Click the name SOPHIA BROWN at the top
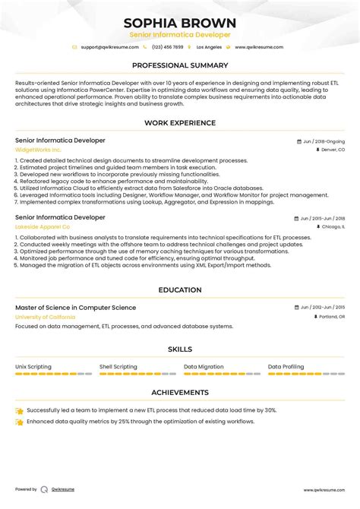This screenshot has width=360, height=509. [180, 23]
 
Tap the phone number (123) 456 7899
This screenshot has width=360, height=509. [167, 47]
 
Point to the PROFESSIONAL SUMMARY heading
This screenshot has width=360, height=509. [180, 65]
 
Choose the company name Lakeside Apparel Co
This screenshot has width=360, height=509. [43, 226]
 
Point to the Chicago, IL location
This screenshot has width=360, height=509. [332, 226]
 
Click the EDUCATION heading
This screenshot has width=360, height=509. [180, 290]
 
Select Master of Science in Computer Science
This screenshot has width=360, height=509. [76, 308]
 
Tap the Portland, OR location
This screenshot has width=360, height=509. [331, 316]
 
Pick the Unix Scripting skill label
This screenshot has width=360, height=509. [33, 366]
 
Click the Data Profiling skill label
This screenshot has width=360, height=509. [286, 366]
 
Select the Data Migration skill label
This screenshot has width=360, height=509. [204, 366]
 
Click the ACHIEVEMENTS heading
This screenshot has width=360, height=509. [180, 393]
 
